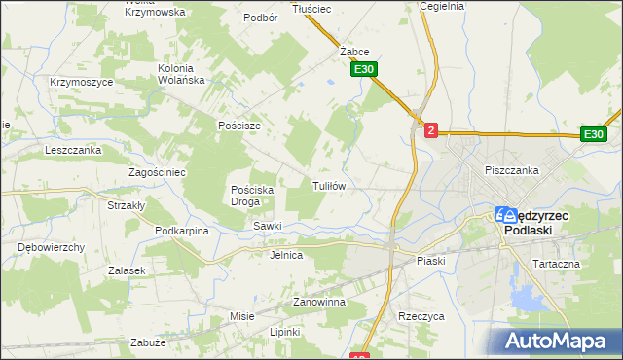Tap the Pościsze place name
click(x=239, y=126)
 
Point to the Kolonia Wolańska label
click(x=189, y=75)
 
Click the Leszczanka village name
click(x=73, y=151)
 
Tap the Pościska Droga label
click(x=252, y=196)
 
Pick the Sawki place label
click(x=267, y=226)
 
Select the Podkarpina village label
click(x=182, y=231)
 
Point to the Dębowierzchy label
click(x=52, y=247)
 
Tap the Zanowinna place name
click(x=320, y=303)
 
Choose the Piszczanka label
click(x=512, y=170)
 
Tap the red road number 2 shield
click(x=431, y=128)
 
